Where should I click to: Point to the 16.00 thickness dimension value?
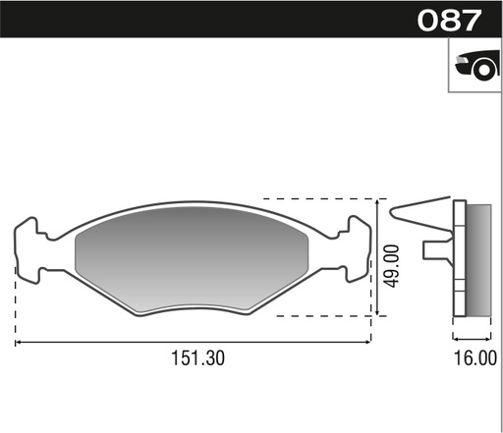pos(475,358)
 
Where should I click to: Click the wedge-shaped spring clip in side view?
pos(422,209)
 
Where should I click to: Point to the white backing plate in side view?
pos(458,260)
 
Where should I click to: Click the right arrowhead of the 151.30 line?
pos(367,342)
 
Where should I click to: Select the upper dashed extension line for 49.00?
pos(324,197)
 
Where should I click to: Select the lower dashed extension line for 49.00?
pos(324,317)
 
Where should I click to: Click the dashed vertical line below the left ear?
pos(15,304)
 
